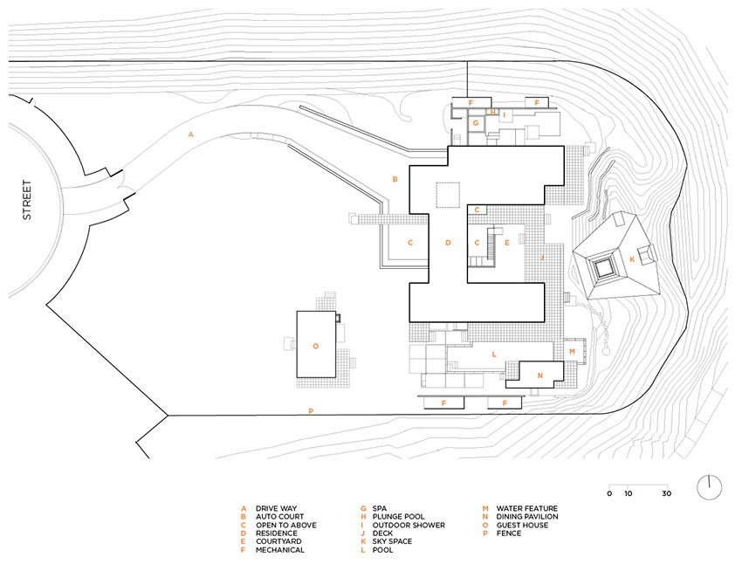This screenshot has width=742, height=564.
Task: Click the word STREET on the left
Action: coord(26,200)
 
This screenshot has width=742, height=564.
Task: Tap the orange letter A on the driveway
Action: coord(190,134)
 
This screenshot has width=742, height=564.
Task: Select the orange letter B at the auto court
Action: coord(395,180)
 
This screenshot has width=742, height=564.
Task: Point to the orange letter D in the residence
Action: coord(448,243)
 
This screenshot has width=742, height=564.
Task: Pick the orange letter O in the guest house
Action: coord(316,346)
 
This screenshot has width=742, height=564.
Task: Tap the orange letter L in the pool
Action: coord(494,354)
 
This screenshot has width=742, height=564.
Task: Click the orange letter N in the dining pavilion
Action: coord(539,375)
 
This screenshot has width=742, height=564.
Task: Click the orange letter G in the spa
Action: coord(475,124)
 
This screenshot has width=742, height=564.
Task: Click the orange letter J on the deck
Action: coord(542,258)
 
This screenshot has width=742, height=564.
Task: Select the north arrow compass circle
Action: coord(710,486)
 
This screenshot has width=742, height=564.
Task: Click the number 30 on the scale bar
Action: coord(667,494)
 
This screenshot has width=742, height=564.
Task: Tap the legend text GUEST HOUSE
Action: coord(523,525)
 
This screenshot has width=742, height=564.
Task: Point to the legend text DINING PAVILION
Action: coord(528,517)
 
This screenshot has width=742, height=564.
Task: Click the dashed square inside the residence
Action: coord(449,195)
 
